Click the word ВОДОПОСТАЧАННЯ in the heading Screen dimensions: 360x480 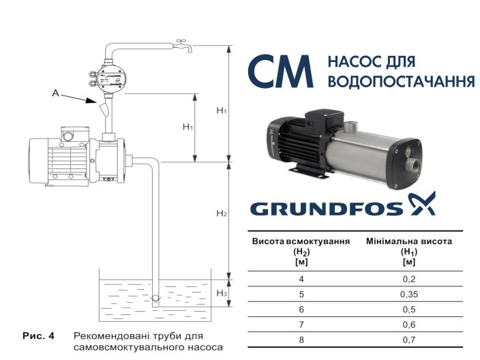[x=401, y=82]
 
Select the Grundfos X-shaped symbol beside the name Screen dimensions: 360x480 [x=421, y=203]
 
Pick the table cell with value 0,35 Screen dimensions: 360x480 [x=409, y=295]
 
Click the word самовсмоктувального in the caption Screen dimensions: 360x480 [x=127, y=347]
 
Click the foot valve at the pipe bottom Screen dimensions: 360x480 [x=155, y=298]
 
